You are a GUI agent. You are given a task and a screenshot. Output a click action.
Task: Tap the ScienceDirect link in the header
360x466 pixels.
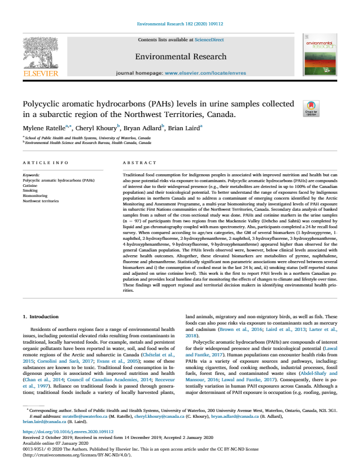[x=209, y=40]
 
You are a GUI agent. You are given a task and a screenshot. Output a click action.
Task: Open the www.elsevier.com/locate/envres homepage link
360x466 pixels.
[x=205, y=73]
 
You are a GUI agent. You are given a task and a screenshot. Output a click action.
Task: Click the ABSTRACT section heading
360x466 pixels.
[x=139, y=163]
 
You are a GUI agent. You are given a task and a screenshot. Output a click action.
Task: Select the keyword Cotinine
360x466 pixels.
[x=30, y=186]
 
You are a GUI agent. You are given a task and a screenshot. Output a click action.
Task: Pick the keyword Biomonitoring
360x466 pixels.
[x=35, y=195]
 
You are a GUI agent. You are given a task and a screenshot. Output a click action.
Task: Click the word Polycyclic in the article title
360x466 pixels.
[x=48, y=104]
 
